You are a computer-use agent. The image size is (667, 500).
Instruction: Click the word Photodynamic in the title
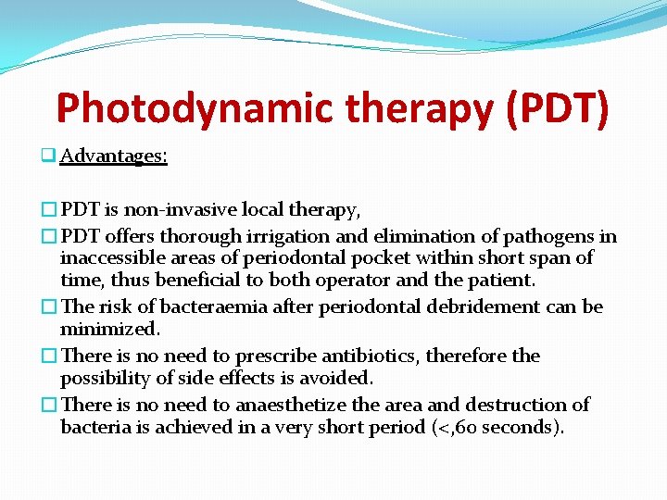pos(193,108)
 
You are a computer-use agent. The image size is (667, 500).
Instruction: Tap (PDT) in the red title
pos(556,108)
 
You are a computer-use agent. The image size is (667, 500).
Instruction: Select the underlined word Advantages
pos(113,156)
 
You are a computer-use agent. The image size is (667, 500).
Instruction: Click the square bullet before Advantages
pos(52,156)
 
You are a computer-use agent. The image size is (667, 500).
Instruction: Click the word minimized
pos(110,329)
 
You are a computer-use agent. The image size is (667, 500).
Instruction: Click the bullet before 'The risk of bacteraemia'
pos(52,306)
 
